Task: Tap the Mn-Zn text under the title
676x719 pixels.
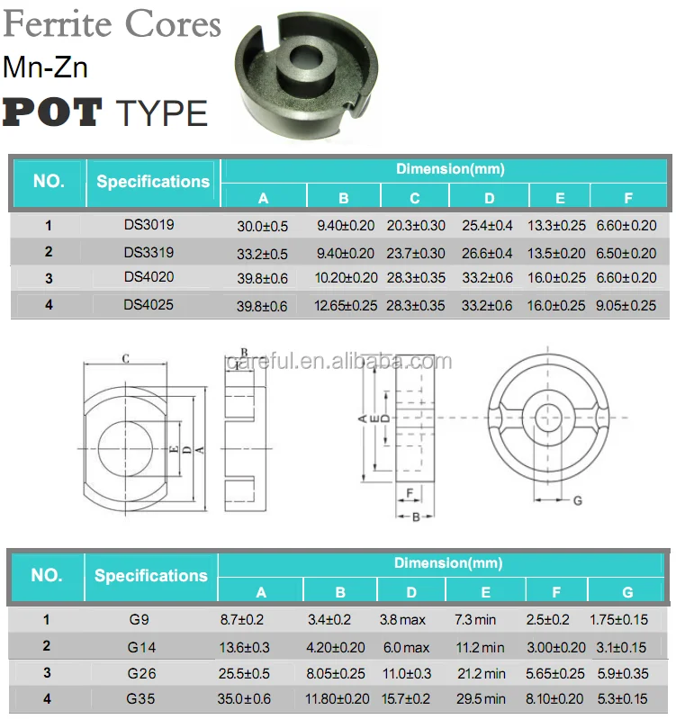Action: coord(45,67)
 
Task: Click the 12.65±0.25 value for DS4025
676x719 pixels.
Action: coord(346,306)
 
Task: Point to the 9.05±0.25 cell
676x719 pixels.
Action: coord(626,306)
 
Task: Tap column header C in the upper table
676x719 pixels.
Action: coord(415,198)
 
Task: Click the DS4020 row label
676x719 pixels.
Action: coord(149,279)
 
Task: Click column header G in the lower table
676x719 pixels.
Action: coord(627,591)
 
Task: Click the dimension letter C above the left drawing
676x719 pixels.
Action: coord(126,359)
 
